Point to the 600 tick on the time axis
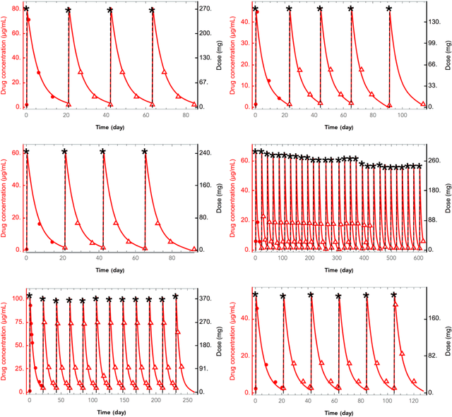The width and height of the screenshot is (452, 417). pyautogui.click(x=420, y=258)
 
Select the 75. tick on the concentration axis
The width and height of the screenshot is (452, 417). pyautogui.click(x=15, y=325)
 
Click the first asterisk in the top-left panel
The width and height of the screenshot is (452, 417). pyautogui.click(x=26, y=10)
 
